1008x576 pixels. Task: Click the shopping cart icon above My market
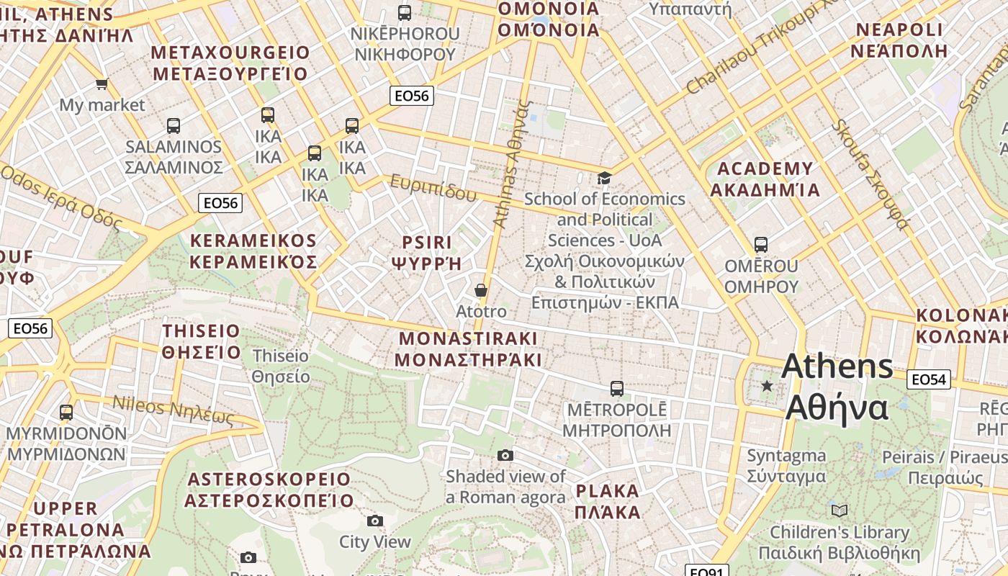[102, 84]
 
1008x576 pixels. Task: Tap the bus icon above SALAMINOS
[173, 126]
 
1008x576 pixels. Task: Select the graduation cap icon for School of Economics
[604, 177]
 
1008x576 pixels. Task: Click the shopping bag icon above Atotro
[480, 290]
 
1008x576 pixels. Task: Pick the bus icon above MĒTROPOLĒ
[616, 389]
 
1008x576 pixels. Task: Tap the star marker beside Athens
[768, 387]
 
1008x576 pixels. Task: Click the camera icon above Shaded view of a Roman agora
[505, 455]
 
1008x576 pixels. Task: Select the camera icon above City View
[374, 521]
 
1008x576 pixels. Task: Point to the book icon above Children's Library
[839, 510]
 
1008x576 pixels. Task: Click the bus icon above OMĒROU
[760, 245]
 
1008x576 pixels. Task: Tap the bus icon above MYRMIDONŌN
[66, 413]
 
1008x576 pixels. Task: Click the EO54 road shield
[928, 379]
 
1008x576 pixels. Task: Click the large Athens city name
[837, 366]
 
